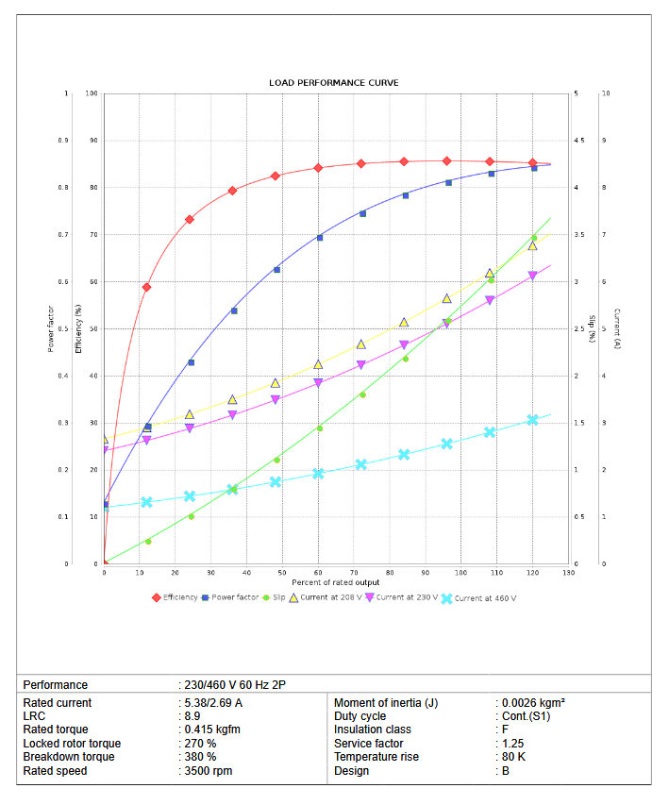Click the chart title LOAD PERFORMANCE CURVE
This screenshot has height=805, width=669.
334,83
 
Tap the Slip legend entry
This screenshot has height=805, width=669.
275,597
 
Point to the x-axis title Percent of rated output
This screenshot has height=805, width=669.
335,582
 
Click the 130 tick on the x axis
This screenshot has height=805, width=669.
568,573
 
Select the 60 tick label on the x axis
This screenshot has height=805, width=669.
318,573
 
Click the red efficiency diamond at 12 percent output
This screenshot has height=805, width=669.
147,287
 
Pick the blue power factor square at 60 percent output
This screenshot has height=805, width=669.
319,238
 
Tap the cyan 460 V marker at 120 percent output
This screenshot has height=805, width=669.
532,420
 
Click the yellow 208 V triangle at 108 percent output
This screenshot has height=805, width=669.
490,274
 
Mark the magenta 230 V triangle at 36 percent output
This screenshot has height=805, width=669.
232,415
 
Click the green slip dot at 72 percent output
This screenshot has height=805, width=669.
362,394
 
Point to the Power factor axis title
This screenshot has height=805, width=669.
50,328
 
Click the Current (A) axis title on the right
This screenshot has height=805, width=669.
616,328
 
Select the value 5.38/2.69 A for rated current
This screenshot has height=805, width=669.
212,703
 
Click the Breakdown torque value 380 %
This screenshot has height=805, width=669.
199,757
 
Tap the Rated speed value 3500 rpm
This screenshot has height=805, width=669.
208,771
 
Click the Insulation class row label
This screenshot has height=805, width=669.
372,730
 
